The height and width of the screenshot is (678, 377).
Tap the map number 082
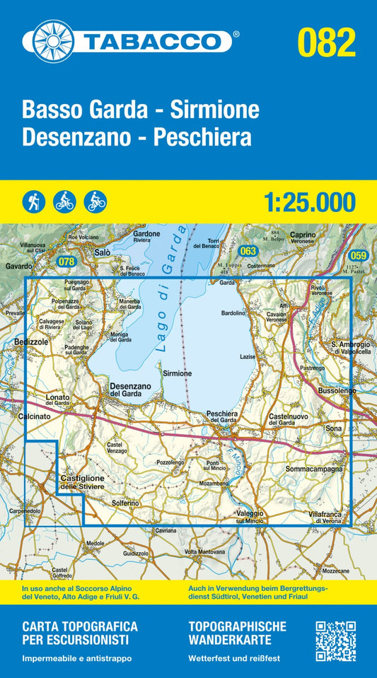click(326, 42)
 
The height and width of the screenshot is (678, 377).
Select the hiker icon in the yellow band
click(33, 201)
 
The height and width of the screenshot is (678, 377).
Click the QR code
click(335, 641)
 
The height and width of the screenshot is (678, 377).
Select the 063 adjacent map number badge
click(247, 251)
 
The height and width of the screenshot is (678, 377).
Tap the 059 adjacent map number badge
click(359, 255)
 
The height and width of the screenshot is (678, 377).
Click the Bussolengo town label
click(335, 390)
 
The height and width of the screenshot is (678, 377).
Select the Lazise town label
click(248, 357)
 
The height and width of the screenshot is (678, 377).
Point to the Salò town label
click(103, 252)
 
